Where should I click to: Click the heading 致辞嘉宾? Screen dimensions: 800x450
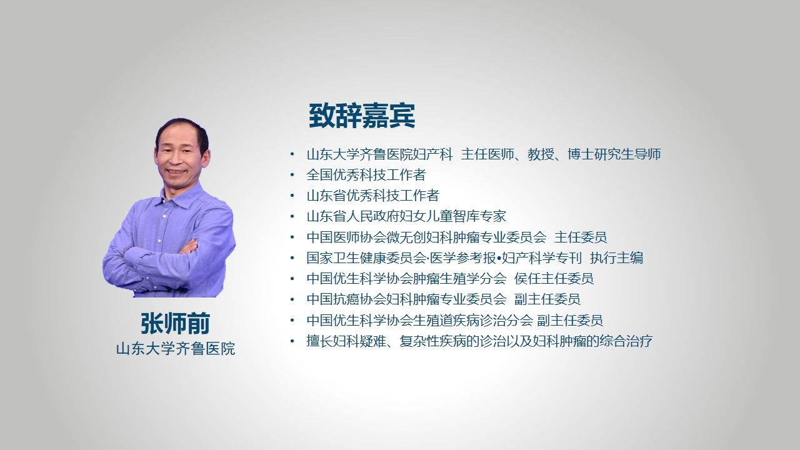coord(362,116)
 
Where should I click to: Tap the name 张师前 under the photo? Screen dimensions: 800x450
coord(176,324)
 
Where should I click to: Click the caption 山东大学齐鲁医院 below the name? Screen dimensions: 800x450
coord(176,349)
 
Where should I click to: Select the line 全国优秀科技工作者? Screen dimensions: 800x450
coord(366,175)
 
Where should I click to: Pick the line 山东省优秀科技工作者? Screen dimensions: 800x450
coord(373,196)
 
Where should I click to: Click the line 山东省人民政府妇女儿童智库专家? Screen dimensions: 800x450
coord(406,216)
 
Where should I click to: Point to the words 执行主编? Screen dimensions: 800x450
coord(616,258)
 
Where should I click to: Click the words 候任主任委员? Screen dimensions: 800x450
coord(554,279)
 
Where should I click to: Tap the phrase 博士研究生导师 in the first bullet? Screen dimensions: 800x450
coord(614,154)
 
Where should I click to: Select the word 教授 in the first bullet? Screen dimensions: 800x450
coord(541,154)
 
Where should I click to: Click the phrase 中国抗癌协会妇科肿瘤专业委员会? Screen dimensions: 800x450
coord(406,299)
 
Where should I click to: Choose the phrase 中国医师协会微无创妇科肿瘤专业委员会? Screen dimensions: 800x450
coord(426,237)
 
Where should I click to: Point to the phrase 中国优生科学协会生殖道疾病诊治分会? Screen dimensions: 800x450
coord(419,321)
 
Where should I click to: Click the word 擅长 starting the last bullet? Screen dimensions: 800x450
coord(319,341)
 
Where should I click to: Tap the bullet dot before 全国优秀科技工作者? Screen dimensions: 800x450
coord(292,175)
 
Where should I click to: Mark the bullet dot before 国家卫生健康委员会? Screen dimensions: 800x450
coord(292,258)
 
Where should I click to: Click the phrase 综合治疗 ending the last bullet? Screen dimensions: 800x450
coord(626,341)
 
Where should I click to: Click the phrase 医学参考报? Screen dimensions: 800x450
coord(463,258)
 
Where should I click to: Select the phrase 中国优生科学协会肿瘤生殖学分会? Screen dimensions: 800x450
coord(406,279)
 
